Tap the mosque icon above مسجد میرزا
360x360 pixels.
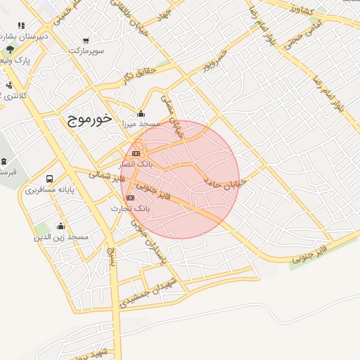point(141,113)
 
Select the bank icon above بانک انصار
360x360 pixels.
point(136,153)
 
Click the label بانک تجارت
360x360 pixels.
point(131,209)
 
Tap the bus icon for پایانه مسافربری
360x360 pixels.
point(49,179)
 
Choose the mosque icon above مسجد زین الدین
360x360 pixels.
point(60,226)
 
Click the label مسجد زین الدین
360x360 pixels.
point(61,238)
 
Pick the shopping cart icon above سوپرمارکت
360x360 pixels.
point(86,41)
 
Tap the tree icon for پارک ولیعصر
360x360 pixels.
point(9,49)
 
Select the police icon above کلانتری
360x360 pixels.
point(9,85)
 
